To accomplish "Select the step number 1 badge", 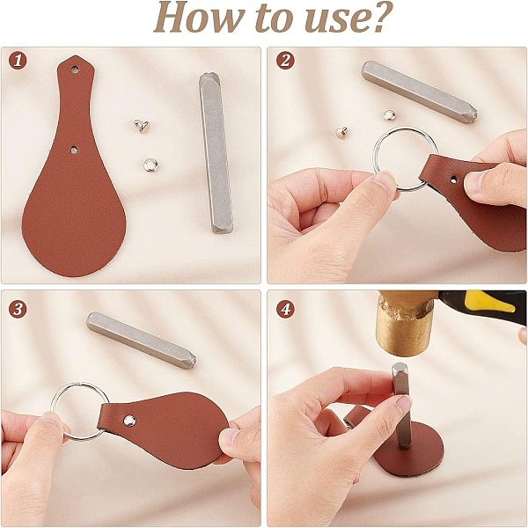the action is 18,61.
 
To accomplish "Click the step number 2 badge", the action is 285,61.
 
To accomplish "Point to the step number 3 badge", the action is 18,309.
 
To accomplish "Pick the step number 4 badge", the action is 285,309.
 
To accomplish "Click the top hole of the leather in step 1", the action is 75,70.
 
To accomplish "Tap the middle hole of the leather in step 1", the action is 74,150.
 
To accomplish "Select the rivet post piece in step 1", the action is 142,126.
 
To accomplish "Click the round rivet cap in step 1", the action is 150,165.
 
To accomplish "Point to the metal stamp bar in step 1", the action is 216,153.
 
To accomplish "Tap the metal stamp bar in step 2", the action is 419,92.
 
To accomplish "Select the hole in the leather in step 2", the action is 454,180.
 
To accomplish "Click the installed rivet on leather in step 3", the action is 129,421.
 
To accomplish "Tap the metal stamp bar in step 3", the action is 141,340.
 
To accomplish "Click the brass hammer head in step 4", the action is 404,323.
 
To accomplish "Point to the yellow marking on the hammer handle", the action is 489,301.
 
